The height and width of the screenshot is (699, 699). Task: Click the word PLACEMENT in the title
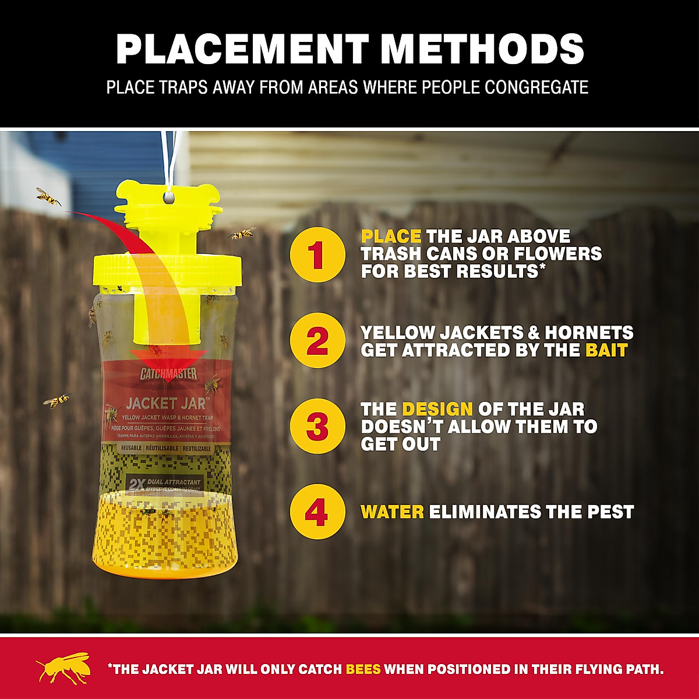coord(242,49)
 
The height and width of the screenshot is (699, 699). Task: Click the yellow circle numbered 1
coord(317,255)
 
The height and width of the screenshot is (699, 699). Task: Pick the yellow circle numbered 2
coord(317,341)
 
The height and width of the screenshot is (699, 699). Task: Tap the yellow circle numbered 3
coord(317,426)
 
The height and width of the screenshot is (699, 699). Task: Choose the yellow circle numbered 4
coord(317,512)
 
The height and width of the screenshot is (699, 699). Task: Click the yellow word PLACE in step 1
coord(391,236)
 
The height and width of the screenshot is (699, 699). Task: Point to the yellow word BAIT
coord(606,350)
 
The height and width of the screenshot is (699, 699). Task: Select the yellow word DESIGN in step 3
coord(437,409)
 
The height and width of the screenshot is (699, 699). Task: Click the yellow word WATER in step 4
coord(392,512)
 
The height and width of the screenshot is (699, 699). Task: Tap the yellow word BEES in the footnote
coord(363,669)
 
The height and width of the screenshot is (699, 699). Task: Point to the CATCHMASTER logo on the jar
coord(168,374)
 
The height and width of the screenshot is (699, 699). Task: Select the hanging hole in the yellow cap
coord(168,199)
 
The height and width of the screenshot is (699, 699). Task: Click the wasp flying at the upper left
coord(48,197)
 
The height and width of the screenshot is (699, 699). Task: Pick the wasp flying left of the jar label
coord(57,400)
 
